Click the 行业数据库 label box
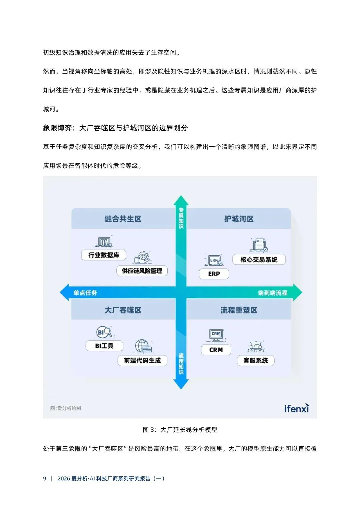pyautogui.click(x=104, y=255)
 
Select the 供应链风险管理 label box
pyautogui.click(x=142, y=271)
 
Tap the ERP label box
pyautogui.click(x=214, y=274)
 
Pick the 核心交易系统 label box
pyautogui.click(x=259, y=260)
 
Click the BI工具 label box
pyautogui.click(x=104, y=346)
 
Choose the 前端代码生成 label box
pyautogui.click(x=142, y=360)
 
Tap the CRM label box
pyautogui.click(x=216, y=350)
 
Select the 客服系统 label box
pyautogui.click(x=256, y=360)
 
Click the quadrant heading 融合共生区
pyautogui.click(x=123, y=219)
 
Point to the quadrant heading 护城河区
pyautogui.click(x=239, y=219)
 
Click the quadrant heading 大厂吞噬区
pyautogui.click(x=123, y=310)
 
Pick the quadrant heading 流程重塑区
pyautogui.click(x=239, y=310)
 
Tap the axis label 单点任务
pyautogui.click(x=85, y=293)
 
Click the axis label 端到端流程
pyautogui.click(x=273, y=293)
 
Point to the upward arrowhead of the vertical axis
pyautogui.click(x=181, y=200)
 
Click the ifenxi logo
pyautogui.click(x=296, y=408)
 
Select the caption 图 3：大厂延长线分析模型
pyautogui.click(x=180, y=430)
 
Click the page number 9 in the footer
pyautogui.click(x=45, y=478)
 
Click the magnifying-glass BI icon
pyautogui.click(x=104, y=332)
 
